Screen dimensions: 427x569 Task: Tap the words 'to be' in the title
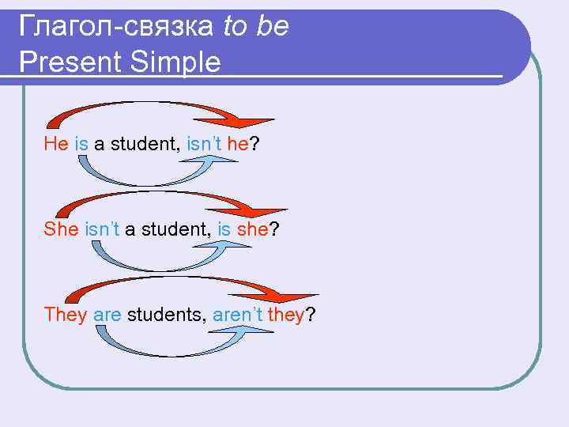pyautogui.click(x=256, y=27)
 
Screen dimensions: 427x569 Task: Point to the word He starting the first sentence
pyautogui.click(x=56, y=144)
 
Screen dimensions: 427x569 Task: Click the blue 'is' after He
pyautogui.click(x=81, y=144)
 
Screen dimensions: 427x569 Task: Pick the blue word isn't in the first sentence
pyautogui.click(x=204, y=144)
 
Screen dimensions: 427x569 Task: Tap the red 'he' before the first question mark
pyautogui.click(x=237, y=144)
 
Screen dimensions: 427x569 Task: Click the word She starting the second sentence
pyautogui.click(x=61, y=229)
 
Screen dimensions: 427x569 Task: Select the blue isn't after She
pyautogui.click(x=102, y=229)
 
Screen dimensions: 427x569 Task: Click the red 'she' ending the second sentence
pyautogui.click(x=253, y=229)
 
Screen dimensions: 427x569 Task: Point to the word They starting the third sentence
pyautogui.click(x=66, y=315)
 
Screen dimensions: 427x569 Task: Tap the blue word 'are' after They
pyautogui.click(x=107, y=315)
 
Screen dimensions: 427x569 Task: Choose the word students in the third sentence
pyautogui.click(x=167, y=315)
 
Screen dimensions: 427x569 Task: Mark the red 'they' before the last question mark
pyautogui.click(x=286, y=315)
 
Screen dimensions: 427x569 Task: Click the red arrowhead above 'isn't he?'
pyautogui.click(x=251, y=119)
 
